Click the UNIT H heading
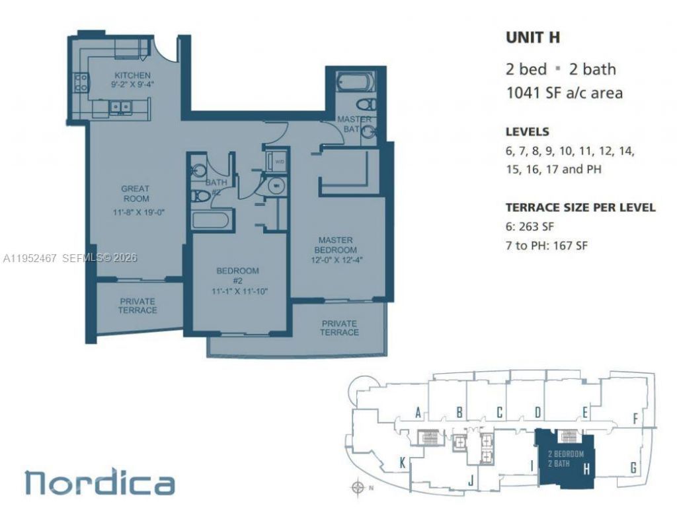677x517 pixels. pyautogui.click(x=533, y=38)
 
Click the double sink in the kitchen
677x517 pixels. pyautogui.click(x=120, y=106)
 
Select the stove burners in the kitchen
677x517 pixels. pyautogui.click(x=82, y=83)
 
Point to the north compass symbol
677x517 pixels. pyautogui.click(x=358, y=488)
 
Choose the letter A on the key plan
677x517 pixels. pyautogui.click(x=418, y=413)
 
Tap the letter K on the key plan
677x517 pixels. pyautogui.click(x=402, y=464)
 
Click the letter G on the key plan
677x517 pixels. pyautogui.click(x=633, y=468)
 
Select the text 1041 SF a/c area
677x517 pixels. pyautogui.click(x=564, y=92)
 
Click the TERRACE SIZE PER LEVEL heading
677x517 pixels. pyautogui.click(x=580, y=207)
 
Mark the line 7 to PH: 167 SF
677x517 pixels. pyautogui.click(x=547, y=246)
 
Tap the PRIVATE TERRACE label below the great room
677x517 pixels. pyautogui.click(x=138, y=305)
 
